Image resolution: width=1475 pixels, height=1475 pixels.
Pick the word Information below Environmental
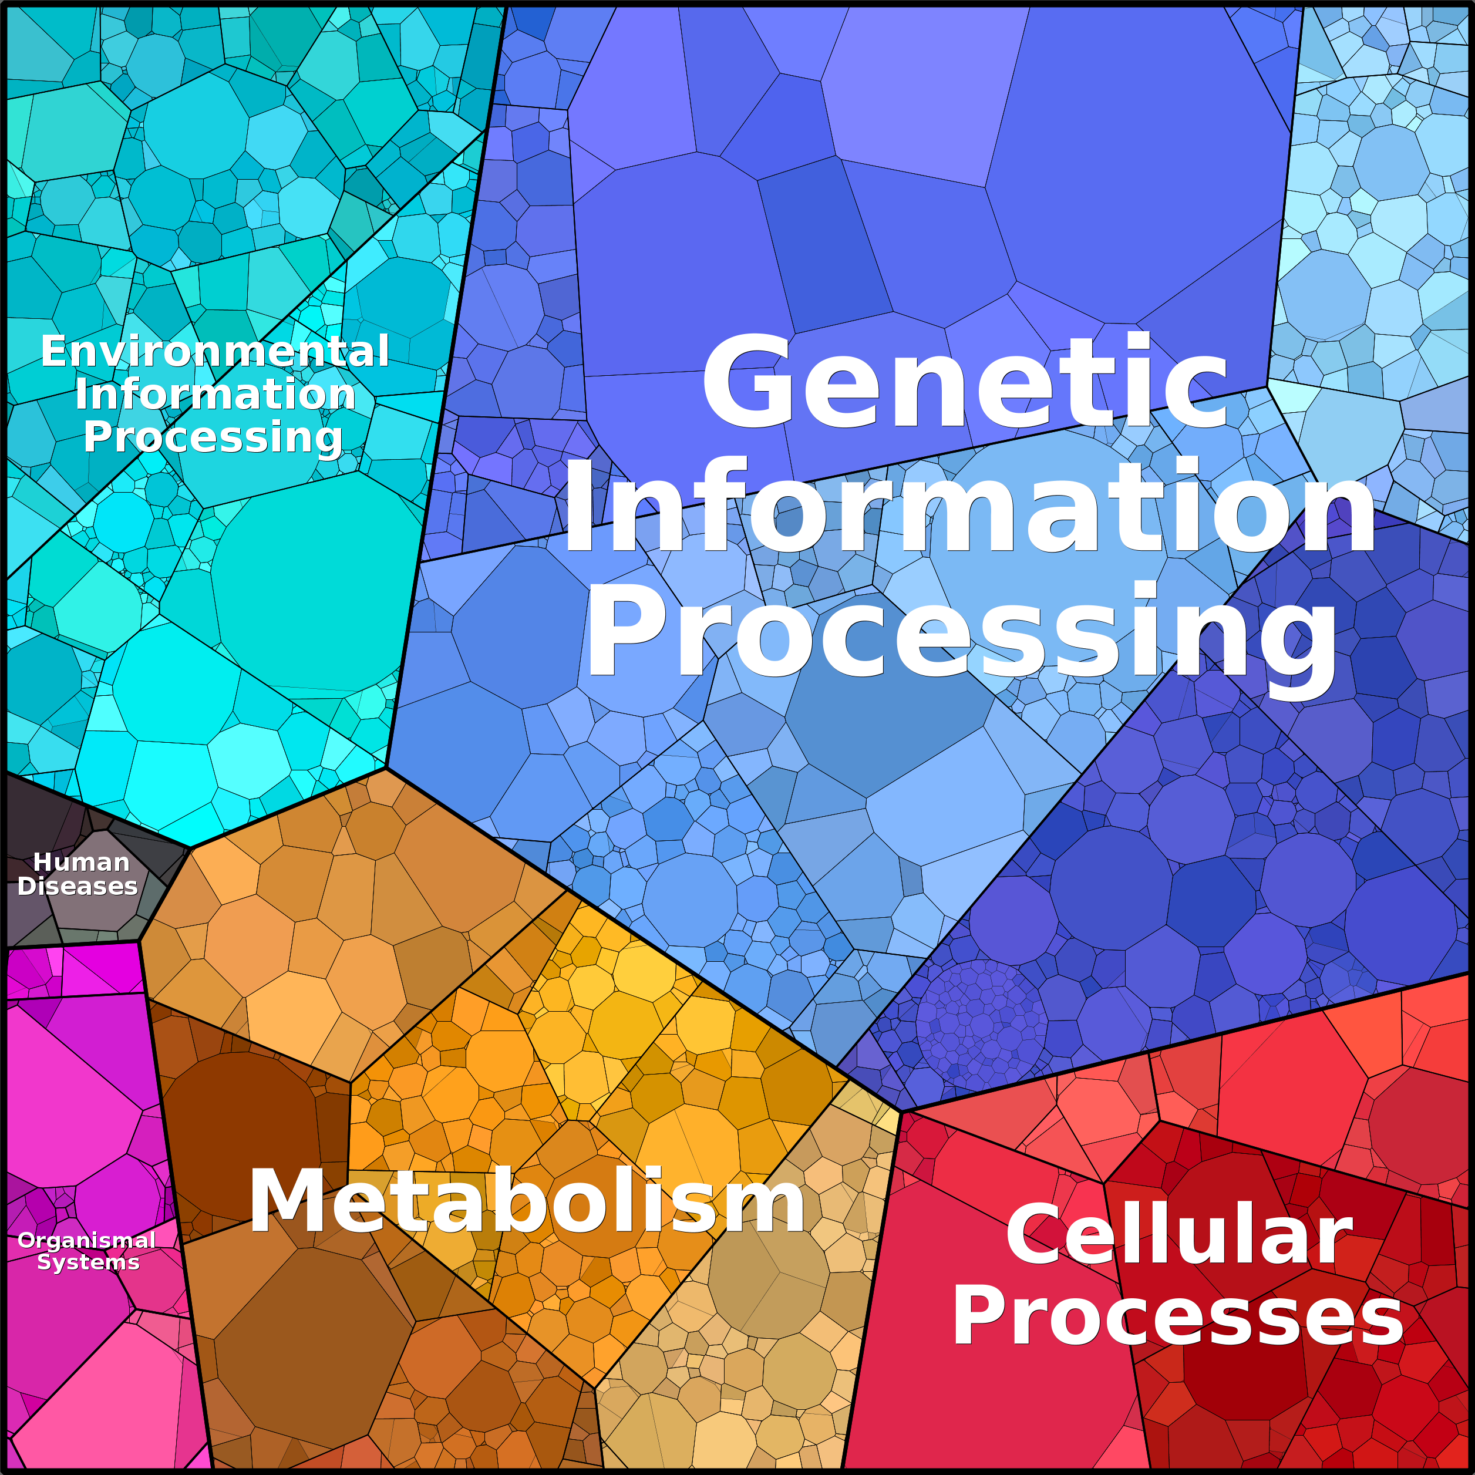click(215, 394)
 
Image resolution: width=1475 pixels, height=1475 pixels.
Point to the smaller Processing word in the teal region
click(213, 438)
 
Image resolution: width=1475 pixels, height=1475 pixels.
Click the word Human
click(81, 862)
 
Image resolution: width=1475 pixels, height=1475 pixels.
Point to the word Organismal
click(86, 1241)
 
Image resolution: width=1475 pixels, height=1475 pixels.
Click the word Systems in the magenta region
click(89, 1263)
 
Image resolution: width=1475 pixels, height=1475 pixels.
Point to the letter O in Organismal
click(28, 1241)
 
